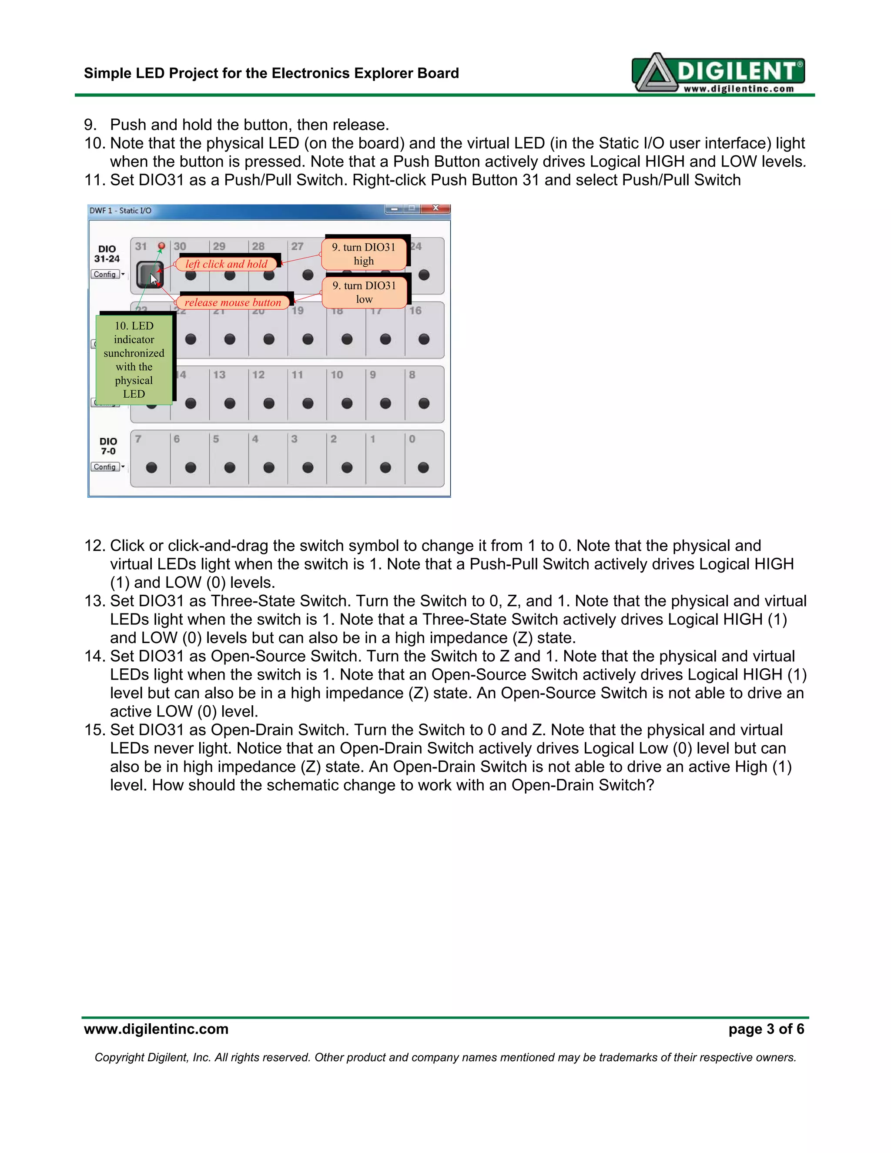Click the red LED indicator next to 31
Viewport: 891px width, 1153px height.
click(161, 246)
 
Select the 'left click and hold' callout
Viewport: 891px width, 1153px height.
click(226, 264)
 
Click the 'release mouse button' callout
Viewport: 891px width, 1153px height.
click(233, 302)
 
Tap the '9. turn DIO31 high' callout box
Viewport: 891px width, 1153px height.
click(364, 254)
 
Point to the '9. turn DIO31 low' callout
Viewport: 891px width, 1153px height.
click(364, 292)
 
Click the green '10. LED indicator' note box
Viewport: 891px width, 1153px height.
click(134, 359)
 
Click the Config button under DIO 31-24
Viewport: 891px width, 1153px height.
click(105, 275)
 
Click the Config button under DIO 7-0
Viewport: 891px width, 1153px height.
click(105, 467)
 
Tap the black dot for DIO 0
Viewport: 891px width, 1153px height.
click(423, 467)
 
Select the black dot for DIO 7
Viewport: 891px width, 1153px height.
click(151, 467)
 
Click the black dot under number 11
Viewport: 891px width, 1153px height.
click(308, 403)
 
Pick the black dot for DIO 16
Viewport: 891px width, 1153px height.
click(423, 339)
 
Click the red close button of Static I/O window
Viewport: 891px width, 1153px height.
click(435, 209)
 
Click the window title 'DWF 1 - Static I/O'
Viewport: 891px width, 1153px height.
click(121, 211)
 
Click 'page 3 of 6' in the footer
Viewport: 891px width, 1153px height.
click(766, 1029)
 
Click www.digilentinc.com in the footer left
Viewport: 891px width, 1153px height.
click(156, 1029)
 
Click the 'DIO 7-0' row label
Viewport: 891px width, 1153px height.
click(108, 446)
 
